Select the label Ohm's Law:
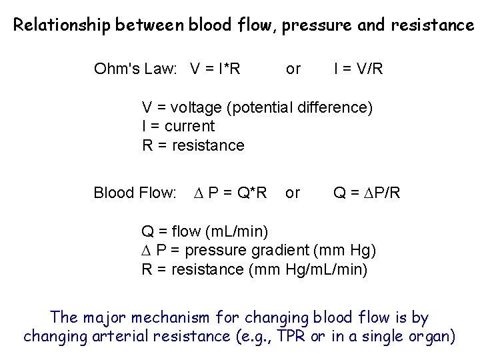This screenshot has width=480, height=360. (138, 69)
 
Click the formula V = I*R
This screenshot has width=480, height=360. (215, 69)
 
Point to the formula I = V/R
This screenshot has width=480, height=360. (359, 69)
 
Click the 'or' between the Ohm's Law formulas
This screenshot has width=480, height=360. (293, 69)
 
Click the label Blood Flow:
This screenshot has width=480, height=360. (135, 193)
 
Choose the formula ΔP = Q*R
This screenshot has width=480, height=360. (230, 193)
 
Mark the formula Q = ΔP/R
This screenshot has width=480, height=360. (367, 193)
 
